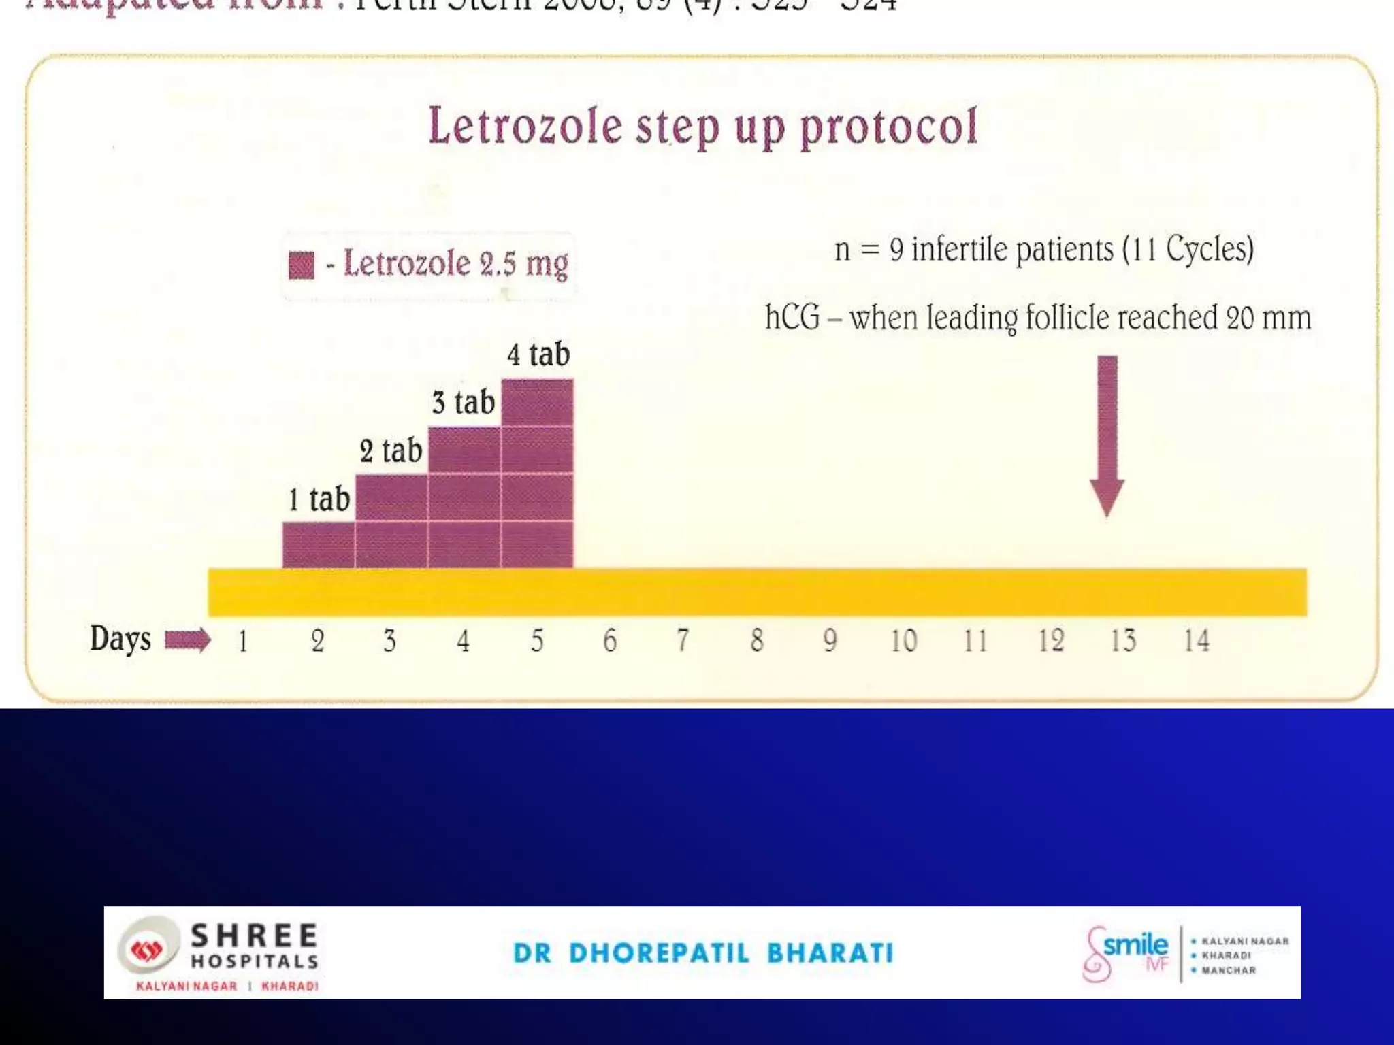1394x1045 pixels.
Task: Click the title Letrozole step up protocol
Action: click(702, 127)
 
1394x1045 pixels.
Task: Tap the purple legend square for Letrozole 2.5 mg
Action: click(302, 265)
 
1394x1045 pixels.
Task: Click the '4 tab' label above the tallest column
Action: click(538, 354)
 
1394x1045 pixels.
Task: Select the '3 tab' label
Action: click(463, 402)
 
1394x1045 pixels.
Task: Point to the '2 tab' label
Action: click(391, 450)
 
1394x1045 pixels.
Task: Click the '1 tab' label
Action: click(319, 499)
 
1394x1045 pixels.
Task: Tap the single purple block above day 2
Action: click(319, 544)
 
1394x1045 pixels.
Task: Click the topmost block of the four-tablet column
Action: click(537, 402)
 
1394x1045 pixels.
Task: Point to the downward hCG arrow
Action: click(1107, 435)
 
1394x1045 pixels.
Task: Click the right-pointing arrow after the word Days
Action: click(188, 640)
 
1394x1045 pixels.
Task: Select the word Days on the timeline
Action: click(120, 639)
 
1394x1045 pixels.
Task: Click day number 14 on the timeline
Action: click(1196, 641)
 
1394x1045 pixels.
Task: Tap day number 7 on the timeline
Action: click(683, 641)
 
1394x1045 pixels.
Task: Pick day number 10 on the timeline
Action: click(903, 641)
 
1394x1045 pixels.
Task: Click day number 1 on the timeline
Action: click(243, 641)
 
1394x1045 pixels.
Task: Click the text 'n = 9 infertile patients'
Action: click(973, 249)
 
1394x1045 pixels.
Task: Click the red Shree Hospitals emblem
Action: click(148, 950)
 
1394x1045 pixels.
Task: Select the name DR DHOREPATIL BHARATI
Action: click(703, 952)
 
